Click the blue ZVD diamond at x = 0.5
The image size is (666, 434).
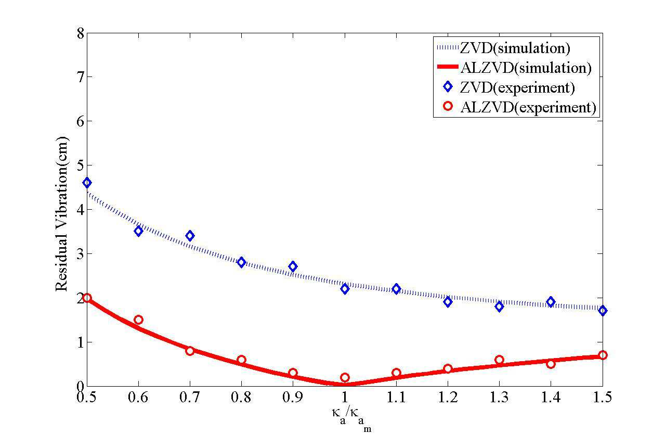click(x=87, y=183)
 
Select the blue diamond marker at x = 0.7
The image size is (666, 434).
click(x=190, y=236)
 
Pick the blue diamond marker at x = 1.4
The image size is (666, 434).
click(x=551, y=302)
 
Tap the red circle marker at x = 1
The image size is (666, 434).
click(x=345, y=377)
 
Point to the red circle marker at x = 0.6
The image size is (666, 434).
click(x=138, y=320)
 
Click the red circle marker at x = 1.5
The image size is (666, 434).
click(x=603, y=355)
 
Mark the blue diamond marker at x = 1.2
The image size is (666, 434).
click(x=448, y=302)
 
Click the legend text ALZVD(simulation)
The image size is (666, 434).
click(x=526, y=68)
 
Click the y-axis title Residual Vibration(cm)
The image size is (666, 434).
click(x=61, y=214)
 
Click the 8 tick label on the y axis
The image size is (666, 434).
click(x=81, y=33)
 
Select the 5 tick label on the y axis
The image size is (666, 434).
click(x=81, y=165)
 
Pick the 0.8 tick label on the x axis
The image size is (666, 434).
click(x=241, y=397)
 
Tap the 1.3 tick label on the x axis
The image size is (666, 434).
click(x=499, y=397)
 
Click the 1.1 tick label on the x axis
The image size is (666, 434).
click(x=396, y=397)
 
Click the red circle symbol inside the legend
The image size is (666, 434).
click(x=448, y=106)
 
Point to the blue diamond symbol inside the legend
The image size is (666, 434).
click(x=448, y=86)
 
